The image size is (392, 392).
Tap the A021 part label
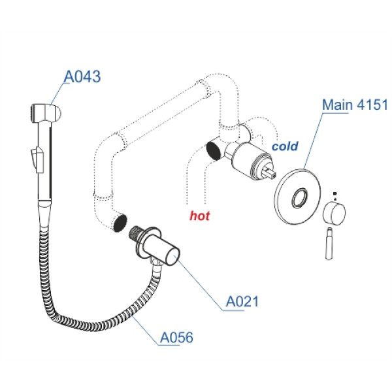[242, 301]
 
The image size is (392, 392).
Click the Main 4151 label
[355, 105]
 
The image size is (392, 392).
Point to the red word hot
[199, 216]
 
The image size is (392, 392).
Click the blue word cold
[285, 146]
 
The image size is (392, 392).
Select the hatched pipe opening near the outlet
[118, 223]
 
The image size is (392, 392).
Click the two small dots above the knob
[335, 195]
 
